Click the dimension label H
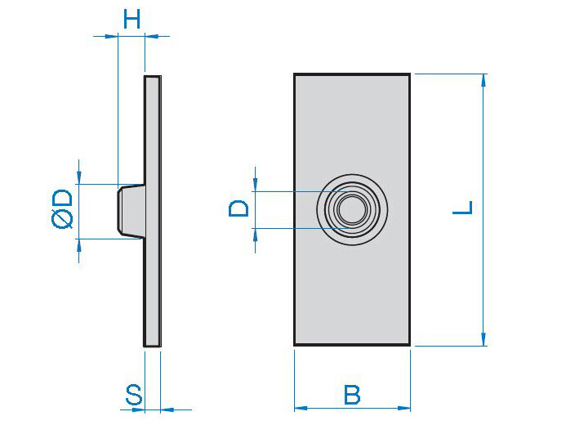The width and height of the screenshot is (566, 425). click(x=131, y=19)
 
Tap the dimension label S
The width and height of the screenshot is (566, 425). click(x=134, y=395)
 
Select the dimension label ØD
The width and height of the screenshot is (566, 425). click(x=62, y=209)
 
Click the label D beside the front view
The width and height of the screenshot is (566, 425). click(x=239, y=208)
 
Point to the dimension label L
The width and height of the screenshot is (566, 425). click(x=462, y=208)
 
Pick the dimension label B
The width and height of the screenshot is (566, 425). click(x=352, y=395)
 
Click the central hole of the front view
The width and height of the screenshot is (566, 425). click(x=352, y=209)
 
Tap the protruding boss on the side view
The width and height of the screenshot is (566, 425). click(x=131, y=211)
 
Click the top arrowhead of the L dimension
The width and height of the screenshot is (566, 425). click(x=484, y=80)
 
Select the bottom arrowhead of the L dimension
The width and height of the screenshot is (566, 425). click(x=484, y=340)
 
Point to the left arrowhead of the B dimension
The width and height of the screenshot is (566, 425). click(x=301, y=409)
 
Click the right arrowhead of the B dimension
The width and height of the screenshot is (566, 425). click(x=404, y=409)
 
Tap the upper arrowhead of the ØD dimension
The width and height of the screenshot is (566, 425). click(x=79, y=178)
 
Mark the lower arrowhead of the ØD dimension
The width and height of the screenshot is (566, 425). click(x=79, y=244)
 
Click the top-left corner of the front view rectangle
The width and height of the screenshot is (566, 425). click(x=294, y=74)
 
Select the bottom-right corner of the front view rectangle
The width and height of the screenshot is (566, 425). click(x=410, y=346)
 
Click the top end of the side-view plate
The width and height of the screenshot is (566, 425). click(x=153, y=76)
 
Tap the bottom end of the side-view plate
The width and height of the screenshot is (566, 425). click(x=153, y=347)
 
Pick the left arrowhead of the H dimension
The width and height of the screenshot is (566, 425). click(x=112, y=36)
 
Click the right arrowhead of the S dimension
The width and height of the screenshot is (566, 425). click(x=167, y=409)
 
